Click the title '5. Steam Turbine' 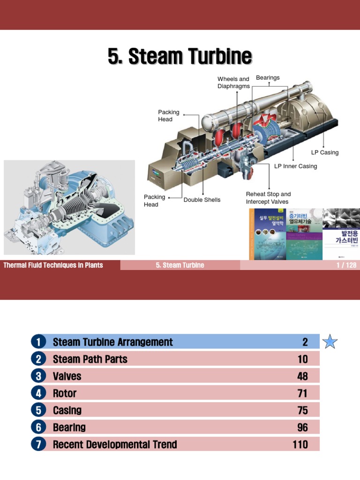pos(180,57)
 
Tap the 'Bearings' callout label pos(268,78)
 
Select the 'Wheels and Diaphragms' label pos(233,82)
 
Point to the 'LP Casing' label pos(324,152)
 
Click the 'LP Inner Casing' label pos(295,166)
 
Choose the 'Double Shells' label pos(202,200)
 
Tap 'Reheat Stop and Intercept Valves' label pos(268,198)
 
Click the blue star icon pos(330,342)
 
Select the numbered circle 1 pos(38,342)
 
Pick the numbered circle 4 pos(38,393)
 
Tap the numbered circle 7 pos(38,444)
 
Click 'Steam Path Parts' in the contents pos(90,359)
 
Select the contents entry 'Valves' pos(67,376)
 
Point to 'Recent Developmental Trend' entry pos(115,444)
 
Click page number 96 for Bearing pos(302,427)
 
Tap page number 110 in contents pos(300,444)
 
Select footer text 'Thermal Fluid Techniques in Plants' pos(53,265)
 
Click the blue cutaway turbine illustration pos(69,207)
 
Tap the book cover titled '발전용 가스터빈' pos(341,234)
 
